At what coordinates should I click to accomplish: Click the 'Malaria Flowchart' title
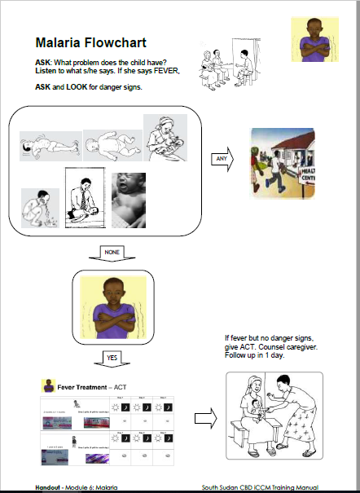coord(91,44)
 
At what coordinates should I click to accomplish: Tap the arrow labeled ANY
coord(222,159)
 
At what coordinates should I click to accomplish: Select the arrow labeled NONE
coord(112,254)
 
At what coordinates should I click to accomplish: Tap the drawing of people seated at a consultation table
coord(230,64)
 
